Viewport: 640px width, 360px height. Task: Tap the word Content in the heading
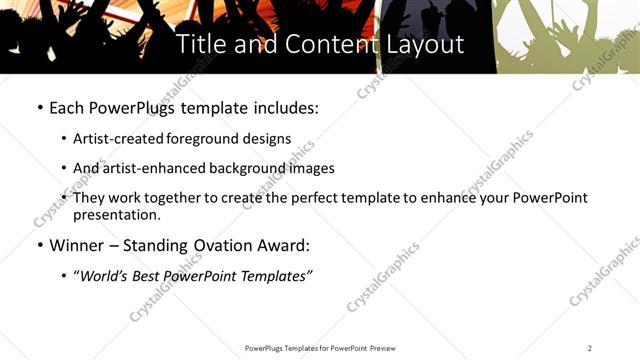327,45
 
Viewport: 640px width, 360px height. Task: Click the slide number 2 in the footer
590,347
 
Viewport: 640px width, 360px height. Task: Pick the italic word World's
104,276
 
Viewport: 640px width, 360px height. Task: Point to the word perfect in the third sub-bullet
300,197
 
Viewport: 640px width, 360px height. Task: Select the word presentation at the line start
116,215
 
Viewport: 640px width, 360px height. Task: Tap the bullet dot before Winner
39,245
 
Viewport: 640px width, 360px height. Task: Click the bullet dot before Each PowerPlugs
39,107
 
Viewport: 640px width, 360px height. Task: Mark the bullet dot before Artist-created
65,139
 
